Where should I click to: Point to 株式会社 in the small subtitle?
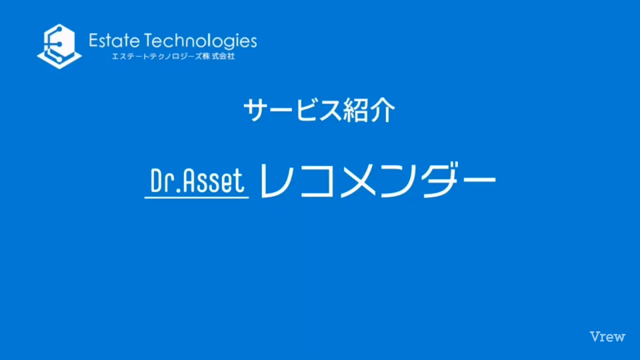(218, 57)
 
